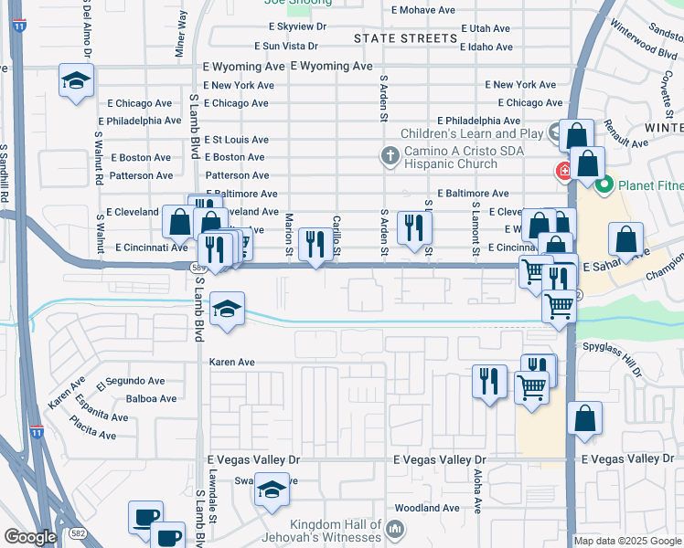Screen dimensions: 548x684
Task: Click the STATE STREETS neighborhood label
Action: coord(404,38)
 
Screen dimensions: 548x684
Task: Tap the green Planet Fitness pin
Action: coord(604,188)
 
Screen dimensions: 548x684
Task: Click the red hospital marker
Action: coord(564,171)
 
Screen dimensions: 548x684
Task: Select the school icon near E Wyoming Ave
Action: coord(77,82)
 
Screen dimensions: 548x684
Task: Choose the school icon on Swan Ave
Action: coord(272,491)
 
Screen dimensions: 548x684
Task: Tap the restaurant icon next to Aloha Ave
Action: coord(489,379)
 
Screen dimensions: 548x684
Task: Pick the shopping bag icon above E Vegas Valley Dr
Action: coord(584,419)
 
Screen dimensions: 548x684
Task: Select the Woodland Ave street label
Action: coord(426,508)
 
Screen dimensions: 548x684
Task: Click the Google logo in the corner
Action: coord(31,537)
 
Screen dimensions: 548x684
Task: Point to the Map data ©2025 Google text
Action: coord(627,541)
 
